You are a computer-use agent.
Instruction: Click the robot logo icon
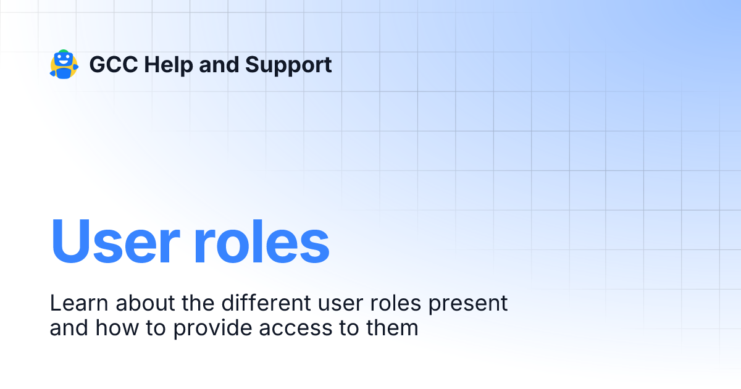[x=64, y=64]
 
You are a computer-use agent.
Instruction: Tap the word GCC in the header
[x=114, y=64]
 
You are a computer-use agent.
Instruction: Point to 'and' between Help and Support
[x=219, y=64]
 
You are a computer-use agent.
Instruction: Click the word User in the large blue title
[x=115, y=241]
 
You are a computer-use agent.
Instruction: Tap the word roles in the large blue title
[x=261, y=241]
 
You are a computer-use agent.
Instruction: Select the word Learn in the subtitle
[x=79, y=303]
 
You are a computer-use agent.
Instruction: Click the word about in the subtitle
[x=145, y=303]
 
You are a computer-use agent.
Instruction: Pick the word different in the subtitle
[x=266, y=303]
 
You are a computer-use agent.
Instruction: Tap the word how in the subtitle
[x=117, y=328]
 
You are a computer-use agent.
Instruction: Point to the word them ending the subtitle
[x=392, y=328]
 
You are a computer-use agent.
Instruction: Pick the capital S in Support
[x=253, y=64]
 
